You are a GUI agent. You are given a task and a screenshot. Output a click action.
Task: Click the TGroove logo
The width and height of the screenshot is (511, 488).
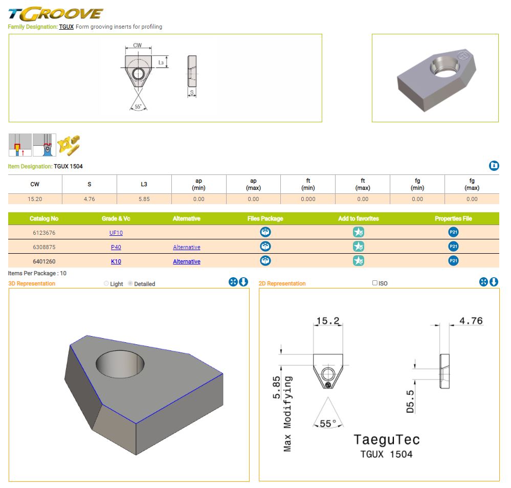tap(55, 14)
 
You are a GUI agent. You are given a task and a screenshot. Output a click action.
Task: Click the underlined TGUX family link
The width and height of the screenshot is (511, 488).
tap(66, 27)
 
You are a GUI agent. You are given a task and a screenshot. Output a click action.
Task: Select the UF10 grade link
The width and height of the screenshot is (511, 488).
tap(116, 233)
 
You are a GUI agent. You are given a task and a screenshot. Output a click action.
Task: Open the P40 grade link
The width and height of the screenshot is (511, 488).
tap(116, 247)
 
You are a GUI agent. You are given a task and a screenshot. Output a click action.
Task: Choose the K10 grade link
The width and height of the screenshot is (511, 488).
tap(116, 261)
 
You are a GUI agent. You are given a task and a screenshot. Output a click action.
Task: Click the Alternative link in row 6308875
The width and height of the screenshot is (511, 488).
tap(187, 247)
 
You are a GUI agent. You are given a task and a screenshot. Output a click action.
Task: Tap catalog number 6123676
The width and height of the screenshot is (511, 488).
tap(44, 233)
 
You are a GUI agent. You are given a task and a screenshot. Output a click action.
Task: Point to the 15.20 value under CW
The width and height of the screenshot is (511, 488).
tap(35, 199)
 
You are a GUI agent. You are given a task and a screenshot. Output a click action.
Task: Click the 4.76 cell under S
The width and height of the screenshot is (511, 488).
tap(90, 199)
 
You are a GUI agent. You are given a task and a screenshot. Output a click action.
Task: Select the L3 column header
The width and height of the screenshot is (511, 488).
tap(144, 184)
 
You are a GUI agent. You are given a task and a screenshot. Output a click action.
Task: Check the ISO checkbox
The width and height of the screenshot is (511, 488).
tap(375, 283)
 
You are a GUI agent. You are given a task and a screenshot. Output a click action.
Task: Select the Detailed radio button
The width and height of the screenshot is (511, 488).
tap(130, 283)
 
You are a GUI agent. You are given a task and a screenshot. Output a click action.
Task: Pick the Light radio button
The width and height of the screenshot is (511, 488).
tap(106, 283)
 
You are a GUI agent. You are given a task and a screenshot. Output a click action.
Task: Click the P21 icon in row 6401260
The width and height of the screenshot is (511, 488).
tap(453, 261)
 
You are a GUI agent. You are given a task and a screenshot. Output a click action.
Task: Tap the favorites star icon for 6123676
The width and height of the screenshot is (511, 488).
tap(359, 232)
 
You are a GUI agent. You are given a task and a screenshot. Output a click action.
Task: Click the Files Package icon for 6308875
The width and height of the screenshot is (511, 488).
tap(265, 247)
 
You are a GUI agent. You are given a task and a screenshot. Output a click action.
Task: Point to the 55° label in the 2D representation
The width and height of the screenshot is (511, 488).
tap(327, 424)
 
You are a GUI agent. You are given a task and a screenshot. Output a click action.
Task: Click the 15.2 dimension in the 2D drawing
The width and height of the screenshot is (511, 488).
tap(328, 321)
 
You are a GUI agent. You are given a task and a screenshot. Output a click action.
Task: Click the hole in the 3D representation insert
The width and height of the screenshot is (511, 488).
tap(120, 364)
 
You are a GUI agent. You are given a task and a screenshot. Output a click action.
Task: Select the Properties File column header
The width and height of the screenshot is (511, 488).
tap(453, 218)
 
